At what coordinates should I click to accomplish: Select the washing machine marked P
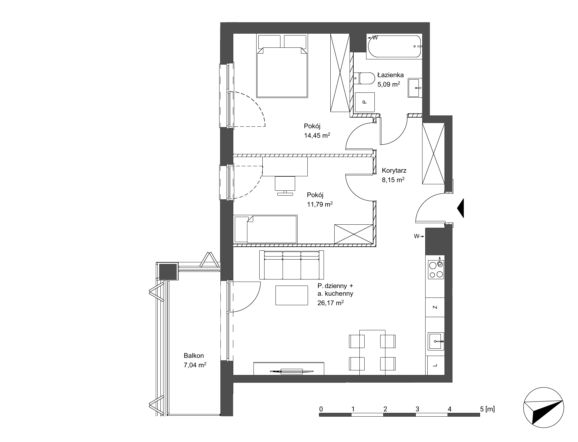click(364, 102)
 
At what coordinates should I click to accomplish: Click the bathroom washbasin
click(415, 88)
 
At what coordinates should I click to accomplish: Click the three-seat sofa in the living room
click(291, 265)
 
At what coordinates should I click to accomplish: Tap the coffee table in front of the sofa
click(291, 295)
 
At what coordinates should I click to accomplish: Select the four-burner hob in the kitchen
click(436, 269)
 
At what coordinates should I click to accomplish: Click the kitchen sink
click(436, 341)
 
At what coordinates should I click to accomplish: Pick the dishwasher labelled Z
click(435, 307)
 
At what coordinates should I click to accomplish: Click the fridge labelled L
click(435, 365)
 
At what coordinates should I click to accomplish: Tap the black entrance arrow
click(460, 208)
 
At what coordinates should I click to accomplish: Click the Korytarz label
click(394, 171)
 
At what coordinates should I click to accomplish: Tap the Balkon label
click(194, 356)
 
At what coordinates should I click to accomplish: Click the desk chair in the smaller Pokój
click(285, 185)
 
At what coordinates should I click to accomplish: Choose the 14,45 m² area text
click(317, 135)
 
